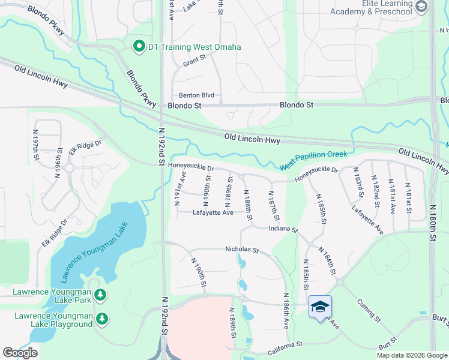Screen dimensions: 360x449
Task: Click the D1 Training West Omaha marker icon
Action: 139,46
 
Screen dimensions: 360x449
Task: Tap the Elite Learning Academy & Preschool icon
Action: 421,7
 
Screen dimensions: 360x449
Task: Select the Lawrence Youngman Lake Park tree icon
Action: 101,294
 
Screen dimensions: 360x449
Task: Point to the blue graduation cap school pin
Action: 320,306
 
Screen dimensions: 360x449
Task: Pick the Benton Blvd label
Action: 196,95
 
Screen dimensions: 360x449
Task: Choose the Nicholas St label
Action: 241,250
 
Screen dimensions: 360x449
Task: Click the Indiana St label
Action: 283,229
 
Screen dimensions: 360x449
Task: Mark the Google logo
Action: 20,353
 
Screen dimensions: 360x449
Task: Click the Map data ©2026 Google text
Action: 411,355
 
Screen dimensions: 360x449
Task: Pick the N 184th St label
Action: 328,261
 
